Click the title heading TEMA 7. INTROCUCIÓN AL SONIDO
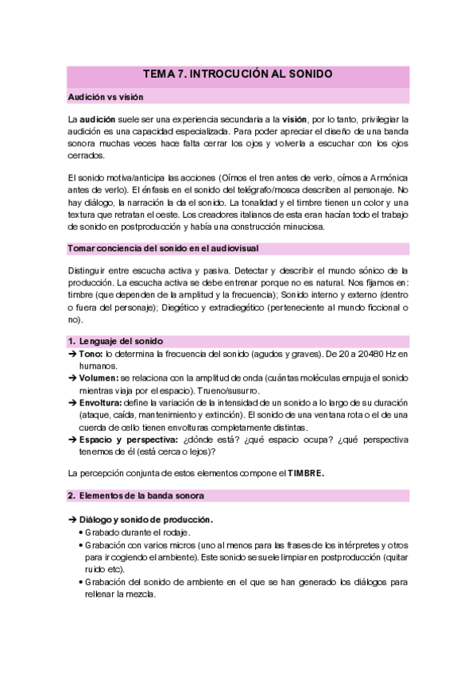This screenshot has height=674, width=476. (x=237, y=75)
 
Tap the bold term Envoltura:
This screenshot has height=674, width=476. (x=101, y=403)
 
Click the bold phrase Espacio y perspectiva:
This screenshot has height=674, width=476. (x=128, y=440)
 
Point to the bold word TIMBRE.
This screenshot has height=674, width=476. (x=305, y=474)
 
